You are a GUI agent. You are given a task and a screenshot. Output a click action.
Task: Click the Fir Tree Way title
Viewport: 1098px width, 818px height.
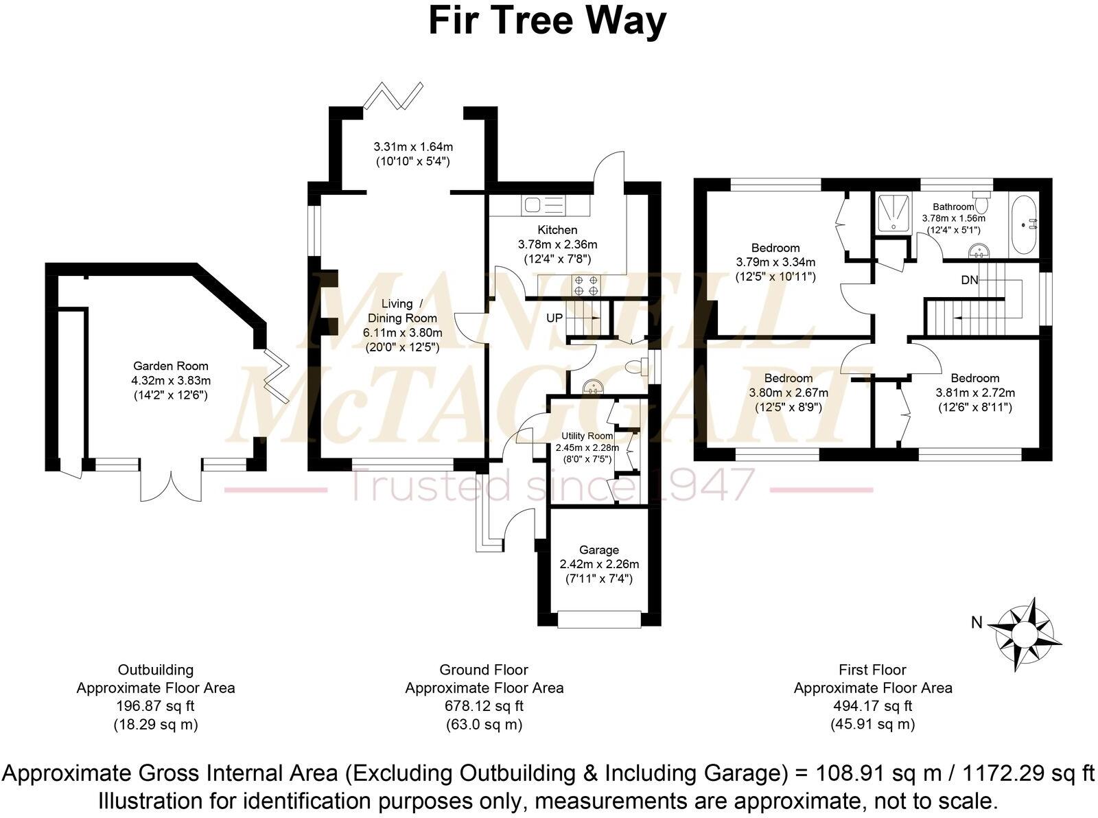point(547,21)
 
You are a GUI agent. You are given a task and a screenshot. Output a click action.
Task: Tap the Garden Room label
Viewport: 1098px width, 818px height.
point(170,366)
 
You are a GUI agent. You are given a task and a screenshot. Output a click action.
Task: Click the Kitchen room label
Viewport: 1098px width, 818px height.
point(557,230)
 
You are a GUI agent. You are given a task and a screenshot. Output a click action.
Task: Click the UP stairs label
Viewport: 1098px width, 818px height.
point(554,318)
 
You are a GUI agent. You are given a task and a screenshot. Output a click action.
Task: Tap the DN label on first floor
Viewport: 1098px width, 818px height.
point(969,280)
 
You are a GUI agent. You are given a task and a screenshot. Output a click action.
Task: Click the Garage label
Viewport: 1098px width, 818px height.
point(598,550)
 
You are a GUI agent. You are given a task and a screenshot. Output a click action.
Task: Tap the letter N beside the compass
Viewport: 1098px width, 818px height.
point(976,623)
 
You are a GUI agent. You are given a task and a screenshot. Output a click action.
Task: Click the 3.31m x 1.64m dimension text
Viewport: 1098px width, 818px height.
point(413,147)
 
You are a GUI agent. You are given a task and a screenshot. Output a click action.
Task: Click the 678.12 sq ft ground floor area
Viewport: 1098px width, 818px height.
point(484,705)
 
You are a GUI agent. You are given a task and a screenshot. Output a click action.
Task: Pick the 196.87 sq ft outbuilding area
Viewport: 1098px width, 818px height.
point(155,705)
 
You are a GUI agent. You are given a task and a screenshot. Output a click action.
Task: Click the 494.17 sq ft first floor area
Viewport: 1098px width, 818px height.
point(872,705)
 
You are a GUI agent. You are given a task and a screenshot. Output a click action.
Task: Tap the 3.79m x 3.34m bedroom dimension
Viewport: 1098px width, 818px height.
point(775,262)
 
